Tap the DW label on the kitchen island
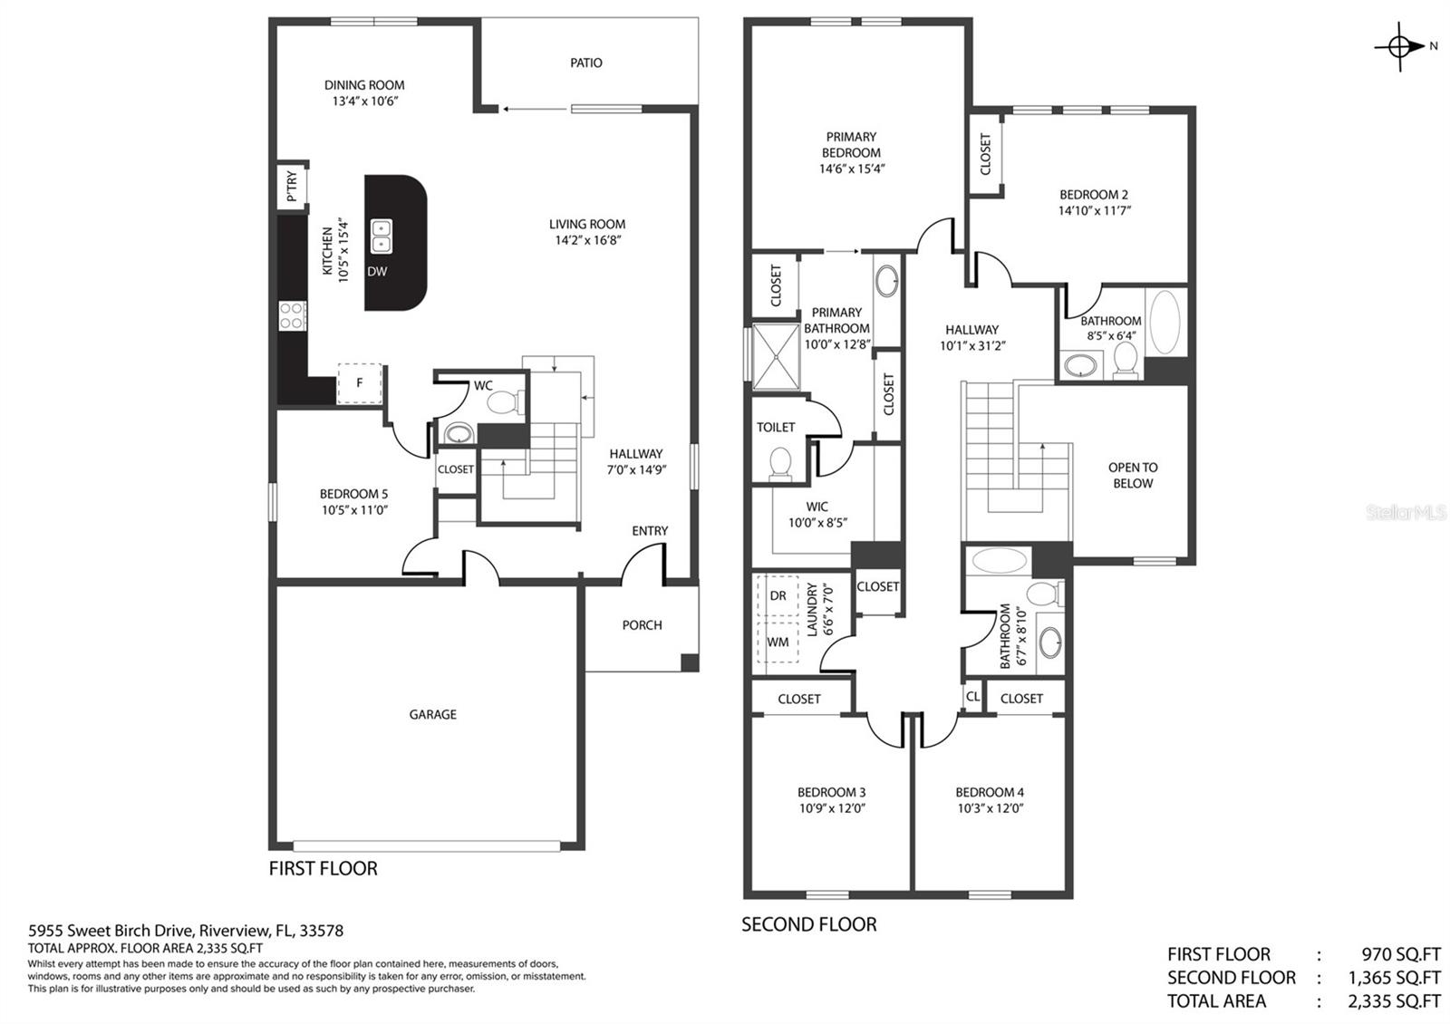pyautogui.click(x=377, y=272)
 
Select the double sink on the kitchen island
pyautogui.click(x=382, y=237)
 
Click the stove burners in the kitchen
pyautogui.click(x=293, y=316)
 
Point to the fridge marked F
pyautogui.click(x=359, y=383)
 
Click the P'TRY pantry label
pyautogui.click(x=291, y=186)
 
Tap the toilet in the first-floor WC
pyautogui.click(x=504, y=401)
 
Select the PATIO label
pyautogui.click(x=585, y=63)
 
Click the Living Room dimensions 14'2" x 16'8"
pyautogui.click(x=588, y=241)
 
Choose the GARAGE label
pyautogui.click(x=432, y=715)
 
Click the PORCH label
pyautogui.click(x=642, y=625)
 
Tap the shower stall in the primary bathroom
pyautogui.click(x=776, y=357)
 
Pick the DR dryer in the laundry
pyautogui.click(x=778, y=595)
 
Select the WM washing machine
pyautogui.click(x=778, y=642)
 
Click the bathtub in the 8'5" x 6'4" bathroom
pyautogui.click(x=1165, y=323)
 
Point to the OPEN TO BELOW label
pyautogui.click(x=1133, y=475)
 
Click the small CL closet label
pyautogui.click(x=972, y=697)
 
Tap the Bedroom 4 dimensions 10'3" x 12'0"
pyautogui.click(x=991, y=808)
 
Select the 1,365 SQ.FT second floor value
pyautogui.click(x=1394, y=978)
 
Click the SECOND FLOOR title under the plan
pyautogui.click(x=809, y=924)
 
